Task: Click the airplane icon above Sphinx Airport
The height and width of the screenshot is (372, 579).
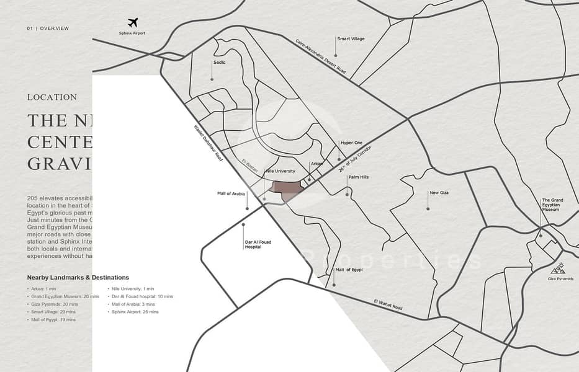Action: [x=133, y=23]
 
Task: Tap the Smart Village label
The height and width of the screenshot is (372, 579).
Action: [x=351, y=38]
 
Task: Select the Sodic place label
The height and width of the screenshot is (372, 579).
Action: [x=219, y=62]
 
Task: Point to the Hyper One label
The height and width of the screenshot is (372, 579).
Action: [x=351, y=143]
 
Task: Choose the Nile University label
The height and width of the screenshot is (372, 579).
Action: [x=280, y=171]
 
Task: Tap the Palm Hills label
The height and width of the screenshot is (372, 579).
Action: [x=358, y=177]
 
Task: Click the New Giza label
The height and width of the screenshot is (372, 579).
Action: [x=439, y=193]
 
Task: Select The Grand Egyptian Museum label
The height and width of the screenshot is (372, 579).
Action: [x=552, y=205]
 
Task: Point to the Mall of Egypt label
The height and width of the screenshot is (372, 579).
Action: [x=349, y=270]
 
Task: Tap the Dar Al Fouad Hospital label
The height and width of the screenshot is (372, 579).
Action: [x=253, y=244]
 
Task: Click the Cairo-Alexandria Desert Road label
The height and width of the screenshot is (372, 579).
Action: [x=320, y=56]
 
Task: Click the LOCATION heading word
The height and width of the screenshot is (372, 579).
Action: [x=52, y=97]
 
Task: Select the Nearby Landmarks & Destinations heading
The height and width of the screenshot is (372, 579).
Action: [x=78, y=277]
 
